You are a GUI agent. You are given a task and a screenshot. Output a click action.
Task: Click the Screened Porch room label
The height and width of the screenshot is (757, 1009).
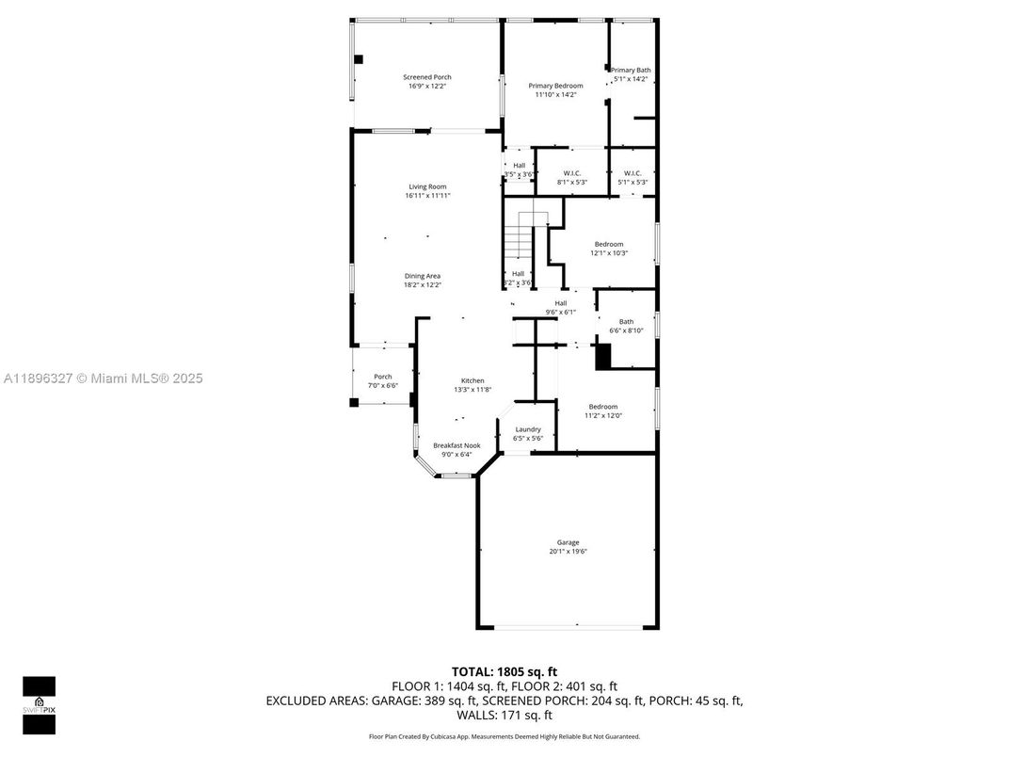(x=426, y=77)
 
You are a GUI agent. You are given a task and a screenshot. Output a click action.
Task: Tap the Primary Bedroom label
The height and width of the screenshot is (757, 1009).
(x=555, y=86)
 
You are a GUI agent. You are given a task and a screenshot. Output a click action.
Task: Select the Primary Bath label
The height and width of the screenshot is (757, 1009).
(x=631, y=71)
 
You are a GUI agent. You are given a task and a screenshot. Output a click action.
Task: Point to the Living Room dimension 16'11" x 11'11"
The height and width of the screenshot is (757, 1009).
(x=427, y=196)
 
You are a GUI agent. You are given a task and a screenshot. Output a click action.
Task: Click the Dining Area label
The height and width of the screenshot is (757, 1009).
(x=423, y=276)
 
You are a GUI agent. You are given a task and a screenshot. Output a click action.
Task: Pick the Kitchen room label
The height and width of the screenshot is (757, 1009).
(x=472, y=380)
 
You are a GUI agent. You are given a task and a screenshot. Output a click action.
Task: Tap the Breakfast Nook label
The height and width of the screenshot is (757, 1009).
(x=456, y=445)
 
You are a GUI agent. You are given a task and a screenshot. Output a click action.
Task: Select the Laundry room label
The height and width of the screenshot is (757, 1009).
(x=528, y=429)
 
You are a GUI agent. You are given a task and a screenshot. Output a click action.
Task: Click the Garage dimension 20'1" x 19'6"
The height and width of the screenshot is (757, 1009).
(x=568, y=552)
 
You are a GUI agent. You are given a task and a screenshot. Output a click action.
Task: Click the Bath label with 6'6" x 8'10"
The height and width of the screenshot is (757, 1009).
(x=626, y=322)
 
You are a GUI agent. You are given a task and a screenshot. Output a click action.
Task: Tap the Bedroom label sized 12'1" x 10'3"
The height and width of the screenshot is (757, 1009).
(x=608, y=244)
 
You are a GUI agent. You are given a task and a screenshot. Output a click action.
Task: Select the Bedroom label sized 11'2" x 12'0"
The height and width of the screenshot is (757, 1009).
(x=603, y=407)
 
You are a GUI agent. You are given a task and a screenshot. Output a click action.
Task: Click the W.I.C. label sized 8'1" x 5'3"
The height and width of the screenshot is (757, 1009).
(x=572, y=173)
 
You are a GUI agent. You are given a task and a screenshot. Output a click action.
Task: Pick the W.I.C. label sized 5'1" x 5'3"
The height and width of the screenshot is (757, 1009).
(x=633, y=173)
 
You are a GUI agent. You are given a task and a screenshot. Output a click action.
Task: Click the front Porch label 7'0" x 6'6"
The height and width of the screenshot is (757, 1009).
(x=383, y=377)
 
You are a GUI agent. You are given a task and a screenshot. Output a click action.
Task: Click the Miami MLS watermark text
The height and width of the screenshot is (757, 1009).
(x=104, y=378)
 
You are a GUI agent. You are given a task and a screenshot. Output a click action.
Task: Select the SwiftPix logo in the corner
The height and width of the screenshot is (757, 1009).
(x=39, y=704)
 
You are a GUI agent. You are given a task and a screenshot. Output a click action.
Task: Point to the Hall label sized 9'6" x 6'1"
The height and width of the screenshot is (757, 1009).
(x=560, y=303)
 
